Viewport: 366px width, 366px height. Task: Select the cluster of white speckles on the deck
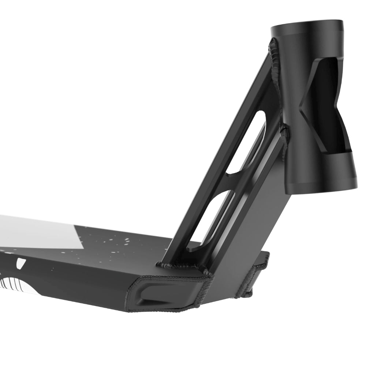pos(110,243)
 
